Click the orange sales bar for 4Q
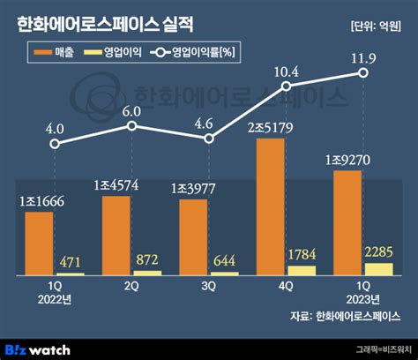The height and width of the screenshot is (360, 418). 270,206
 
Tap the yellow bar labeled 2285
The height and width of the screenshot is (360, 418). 379,268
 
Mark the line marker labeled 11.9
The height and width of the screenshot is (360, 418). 362,73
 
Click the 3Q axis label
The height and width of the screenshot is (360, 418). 209,287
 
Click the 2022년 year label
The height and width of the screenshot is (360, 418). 56,299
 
